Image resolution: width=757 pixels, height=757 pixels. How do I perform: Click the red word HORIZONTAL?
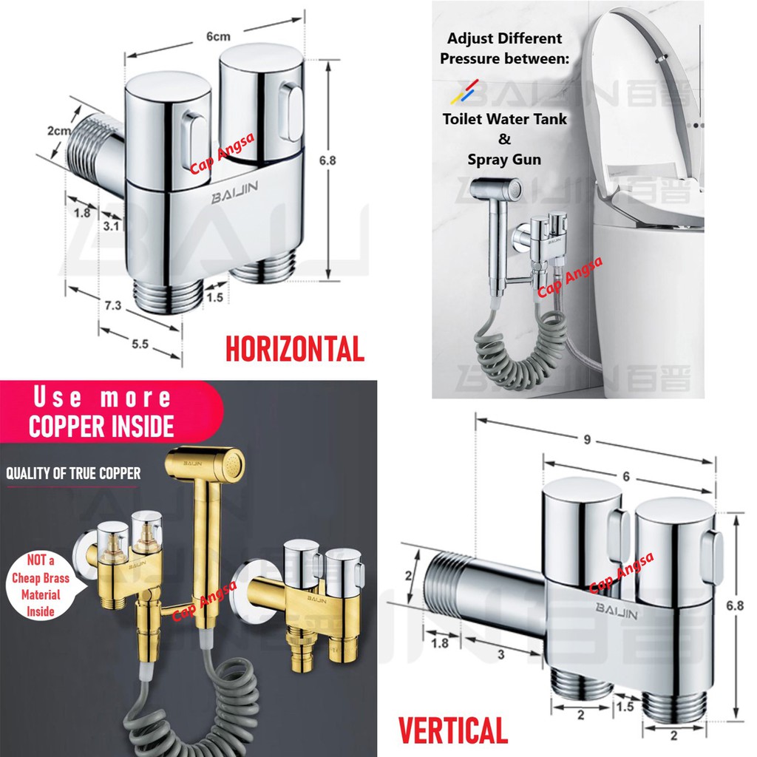[x=294, y=348]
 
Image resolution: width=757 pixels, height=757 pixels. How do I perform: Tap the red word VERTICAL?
[x=453, y=730]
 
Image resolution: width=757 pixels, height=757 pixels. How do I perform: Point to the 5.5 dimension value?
[x=140, y=344]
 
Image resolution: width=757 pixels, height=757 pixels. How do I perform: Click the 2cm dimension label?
[x=59, y=132]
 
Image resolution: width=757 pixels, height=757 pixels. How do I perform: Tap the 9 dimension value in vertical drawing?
[x=586, y=439]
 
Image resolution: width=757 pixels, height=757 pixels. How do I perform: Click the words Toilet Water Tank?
[x=505, y=118]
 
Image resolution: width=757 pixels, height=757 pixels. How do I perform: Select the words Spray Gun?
[x=504, y=159]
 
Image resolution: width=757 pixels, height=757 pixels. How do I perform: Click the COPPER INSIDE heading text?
[x=101, y=426]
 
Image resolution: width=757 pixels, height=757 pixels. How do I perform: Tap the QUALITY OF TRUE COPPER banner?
[x=73, y=474]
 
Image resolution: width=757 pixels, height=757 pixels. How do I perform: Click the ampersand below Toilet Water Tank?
[x=505, y=138]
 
